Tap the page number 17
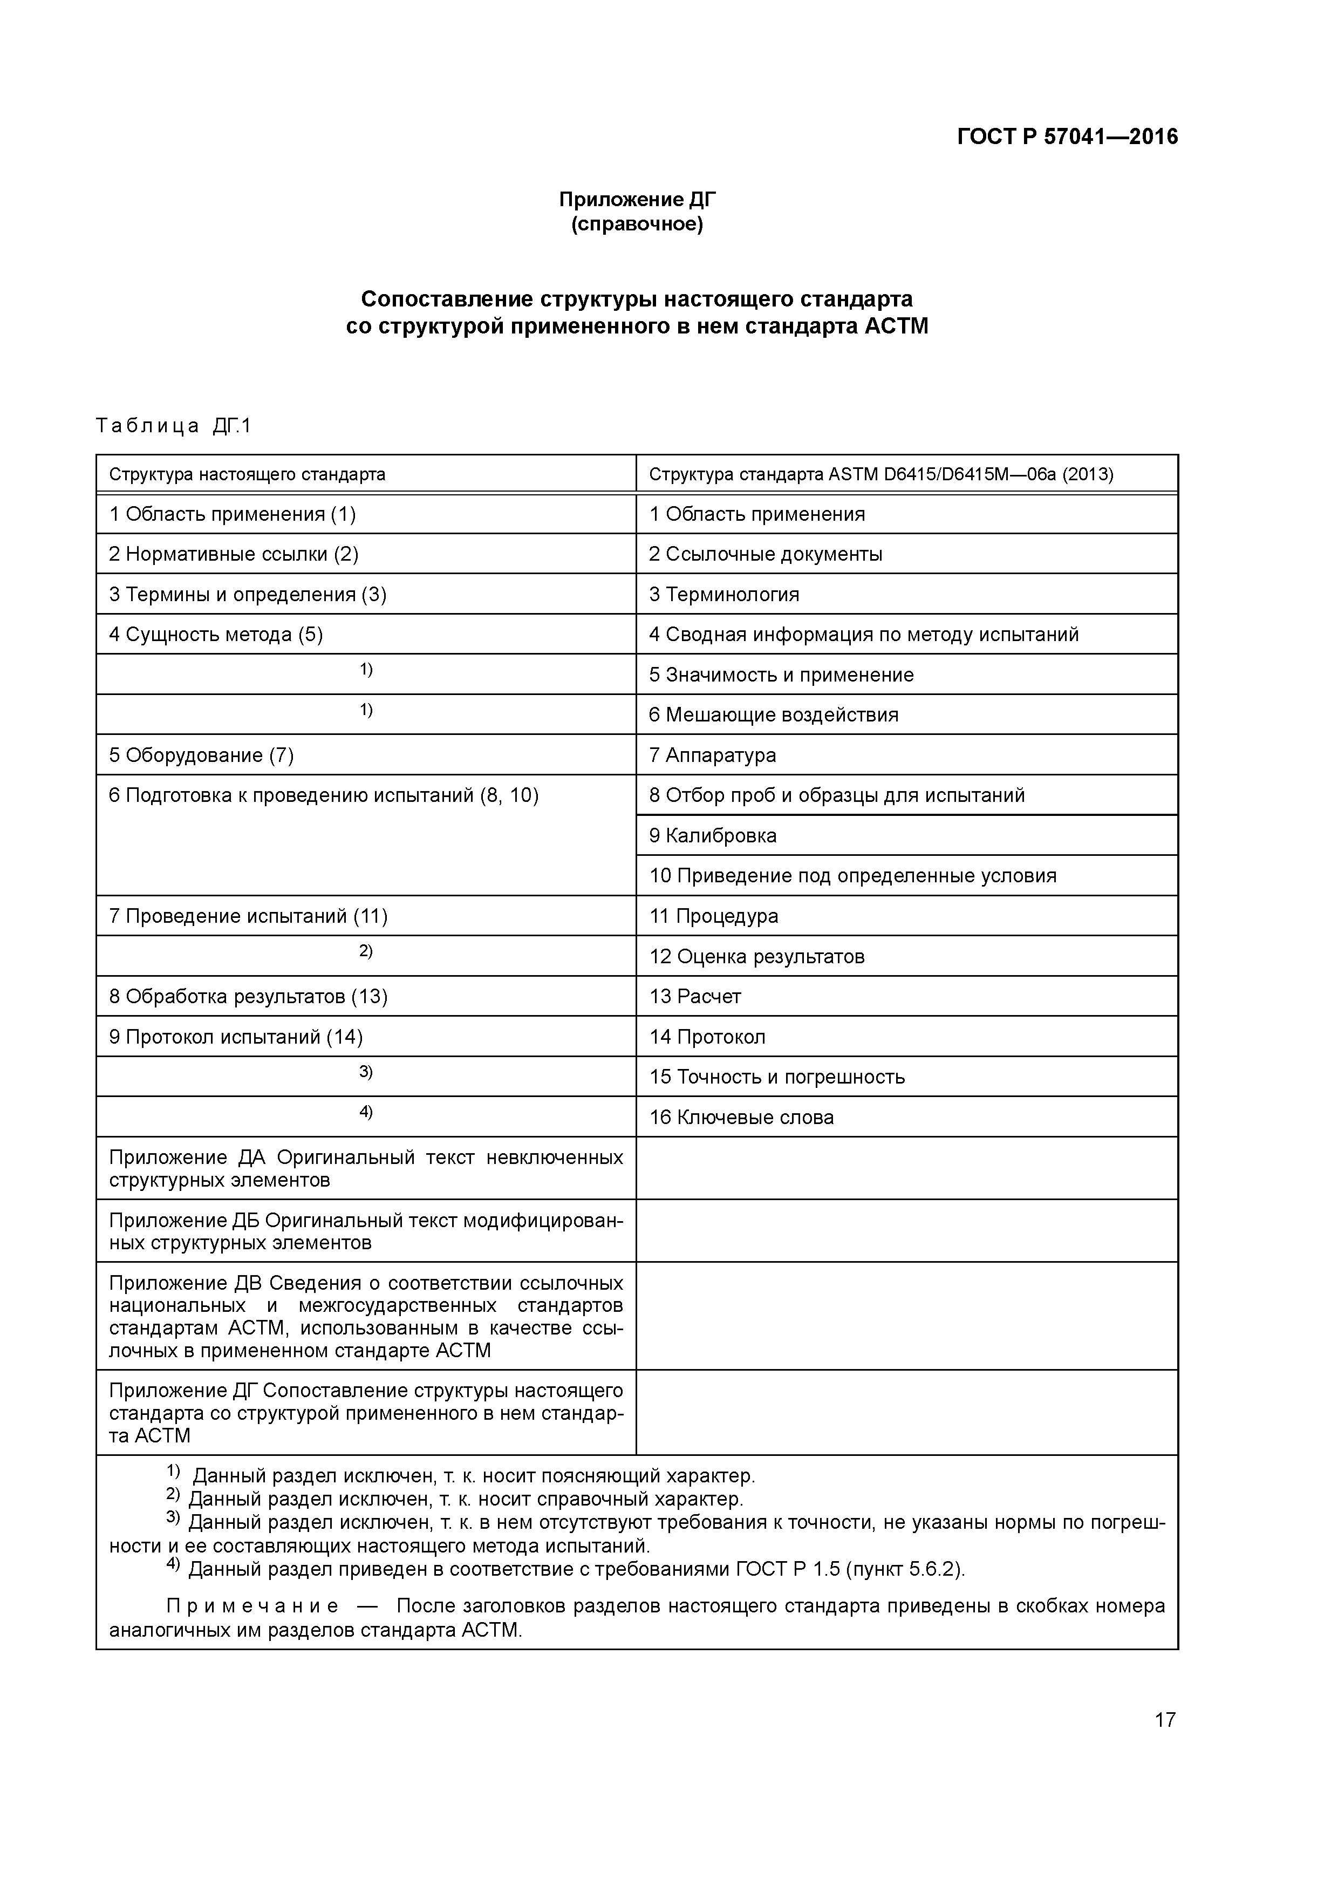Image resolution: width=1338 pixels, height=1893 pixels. coord(1164,1719)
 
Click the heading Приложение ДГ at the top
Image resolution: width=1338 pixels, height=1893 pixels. coord(637,200)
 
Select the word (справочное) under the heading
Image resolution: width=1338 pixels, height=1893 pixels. coord(637,224)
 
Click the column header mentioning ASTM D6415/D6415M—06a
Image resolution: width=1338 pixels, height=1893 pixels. coord(880,475)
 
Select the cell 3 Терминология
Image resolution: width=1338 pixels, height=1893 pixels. coord(724,595)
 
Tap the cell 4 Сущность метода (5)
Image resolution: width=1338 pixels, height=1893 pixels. coord(216,635)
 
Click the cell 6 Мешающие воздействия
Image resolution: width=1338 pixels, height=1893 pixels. coord(773,715)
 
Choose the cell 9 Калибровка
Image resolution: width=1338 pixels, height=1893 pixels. coord(712,836)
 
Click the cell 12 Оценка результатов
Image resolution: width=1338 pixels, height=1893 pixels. coord(757,956)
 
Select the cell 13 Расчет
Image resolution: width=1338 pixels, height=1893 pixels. coord(695,997)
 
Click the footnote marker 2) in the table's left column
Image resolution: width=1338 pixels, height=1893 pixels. coord(365,951)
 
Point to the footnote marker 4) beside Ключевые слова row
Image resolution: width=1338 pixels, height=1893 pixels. coord(365,1112)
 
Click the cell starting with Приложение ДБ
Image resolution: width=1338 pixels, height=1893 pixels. coord(365,1231)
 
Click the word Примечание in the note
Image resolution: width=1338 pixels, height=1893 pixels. coord(252,1606)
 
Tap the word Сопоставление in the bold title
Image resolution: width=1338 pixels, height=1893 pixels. coord(447,298)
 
